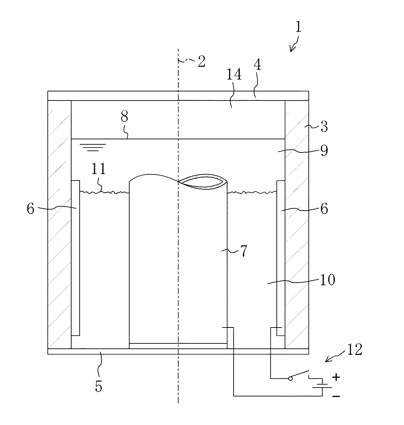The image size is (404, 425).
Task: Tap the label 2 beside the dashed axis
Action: click(201, 62)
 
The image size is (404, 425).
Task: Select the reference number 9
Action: click(324, 150)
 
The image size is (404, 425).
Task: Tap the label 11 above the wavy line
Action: click(98, 169)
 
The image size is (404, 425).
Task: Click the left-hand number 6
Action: click(31, 209)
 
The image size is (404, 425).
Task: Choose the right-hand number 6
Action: click(324, 209)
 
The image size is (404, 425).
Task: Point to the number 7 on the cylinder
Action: click(243, 251)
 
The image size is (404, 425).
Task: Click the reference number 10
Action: click(327, 280)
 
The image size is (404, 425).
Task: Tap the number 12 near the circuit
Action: click(353, 350)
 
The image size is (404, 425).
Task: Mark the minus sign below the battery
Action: click(335, 397)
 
